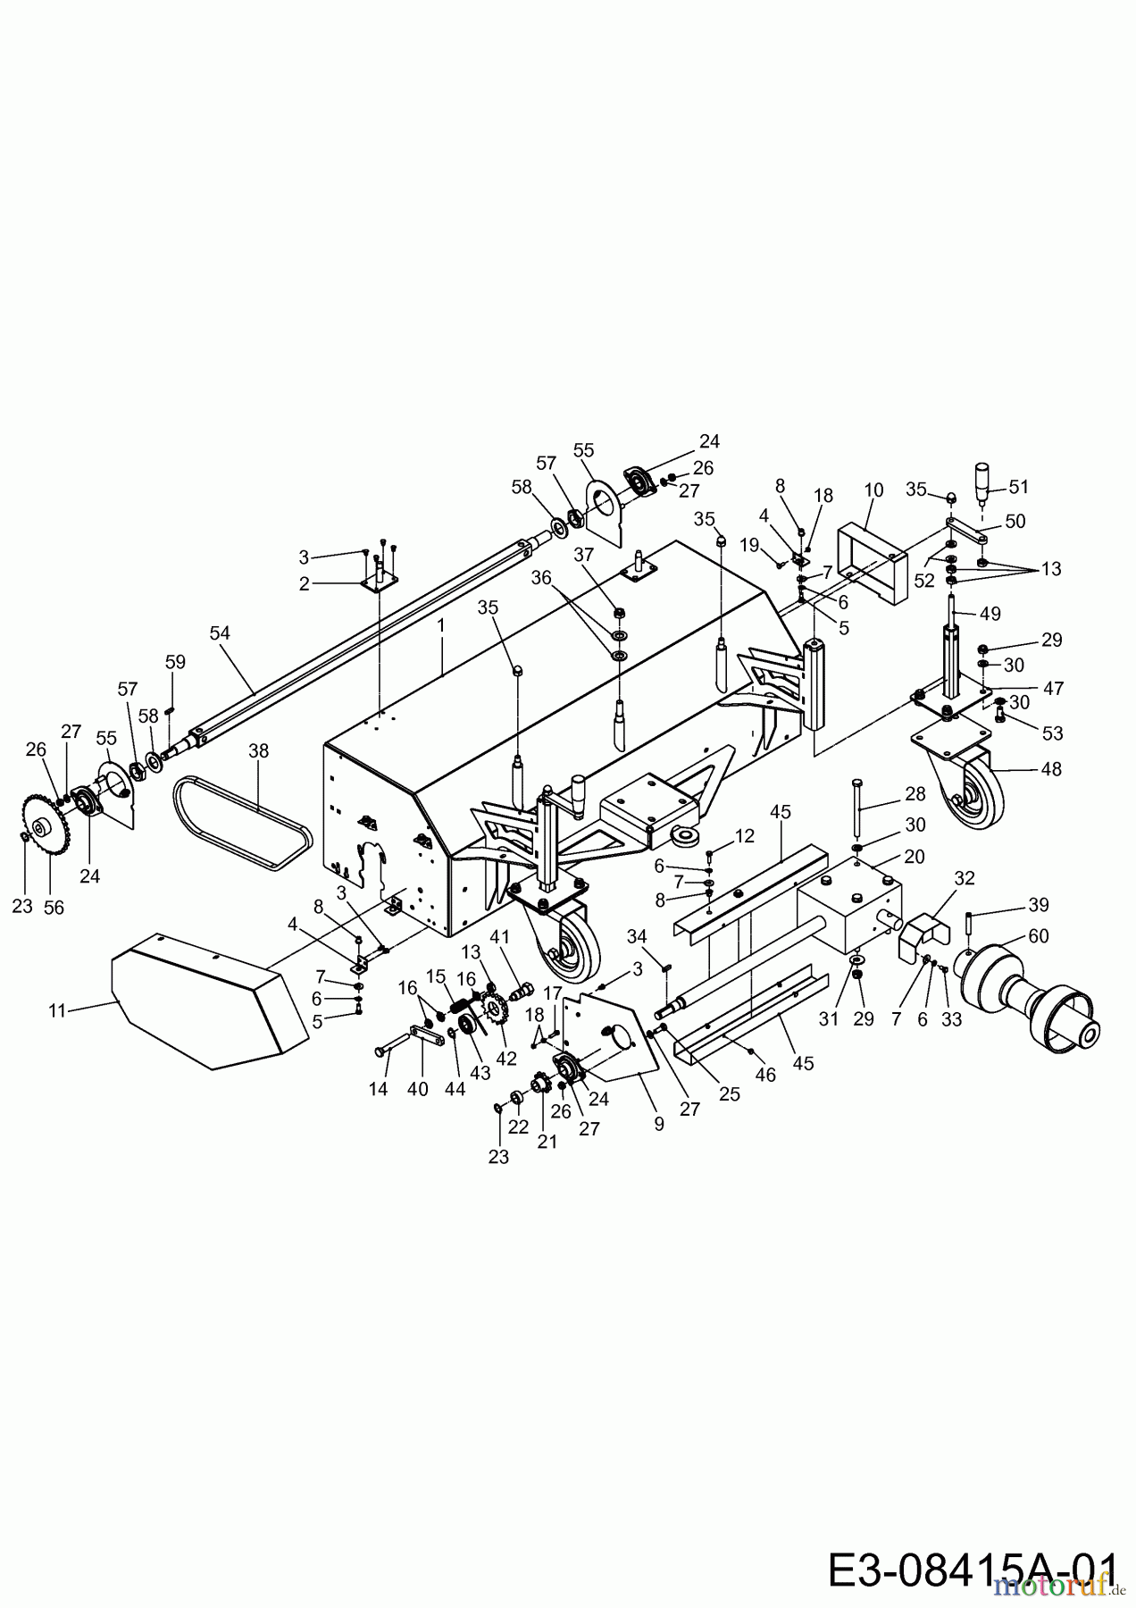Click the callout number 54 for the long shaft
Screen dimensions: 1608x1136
pos(220,633)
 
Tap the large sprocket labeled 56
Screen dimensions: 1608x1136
pos(38,826)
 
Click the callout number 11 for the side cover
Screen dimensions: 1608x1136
pos(57,1010)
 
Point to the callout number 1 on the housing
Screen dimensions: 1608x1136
pos(441,626)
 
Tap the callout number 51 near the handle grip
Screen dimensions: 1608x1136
pos(1018,487)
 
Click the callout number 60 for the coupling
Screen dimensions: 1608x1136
pos(1038,935)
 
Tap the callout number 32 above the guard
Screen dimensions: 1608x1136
pos(964,878)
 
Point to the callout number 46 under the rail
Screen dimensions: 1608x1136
pos(764,1075)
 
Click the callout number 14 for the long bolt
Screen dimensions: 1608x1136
pos(379,1089)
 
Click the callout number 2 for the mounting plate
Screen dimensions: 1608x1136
pos(305,584)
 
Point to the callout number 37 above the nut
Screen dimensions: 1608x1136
pos(583,555)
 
